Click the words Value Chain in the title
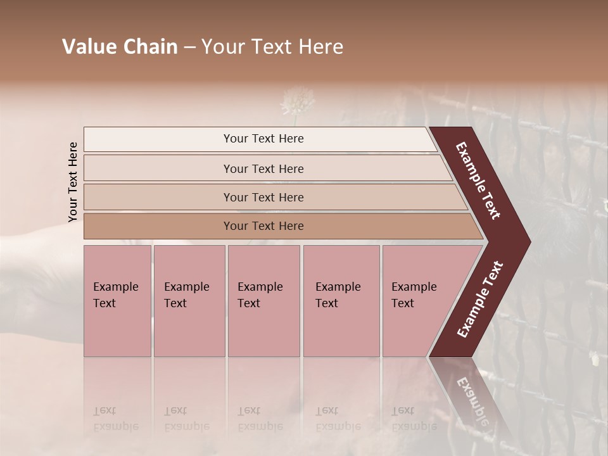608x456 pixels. coord(120,47)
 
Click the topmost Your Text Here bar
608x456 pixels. coord(263,139)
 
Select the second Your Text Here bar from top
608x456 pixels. coord(263,168)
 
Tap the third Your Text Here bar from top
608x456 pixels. coord(263,197)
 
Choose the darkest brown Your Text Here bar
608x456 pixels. coord(263,226)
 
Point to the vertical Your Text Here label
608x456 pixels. coord(73,182)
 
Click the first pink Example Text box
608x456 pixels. coord(117,300)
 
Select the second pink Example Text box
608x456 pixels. coord(189,300)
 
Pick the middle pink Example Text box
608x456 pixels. coord(263,300)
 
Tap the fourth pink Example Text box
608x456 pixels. coord(341,300)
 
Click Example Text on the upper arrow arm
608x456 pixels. coord(478,180)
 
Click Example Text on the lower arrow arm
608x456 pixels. coord(480,300)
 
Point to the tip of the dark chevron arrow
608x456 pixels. coord(528,240)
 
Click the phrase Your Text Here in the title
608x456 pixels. coord(272,47)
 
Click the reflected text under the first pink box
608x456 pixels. coord(116,418)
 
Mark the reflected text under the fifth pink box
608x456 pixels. coord(414,418)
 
